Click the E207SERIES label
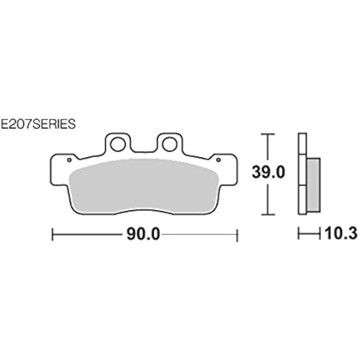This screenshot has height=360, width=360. (x=38, y=124)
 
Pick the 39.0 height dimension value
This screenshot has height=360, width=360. (x=268, y=172)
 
